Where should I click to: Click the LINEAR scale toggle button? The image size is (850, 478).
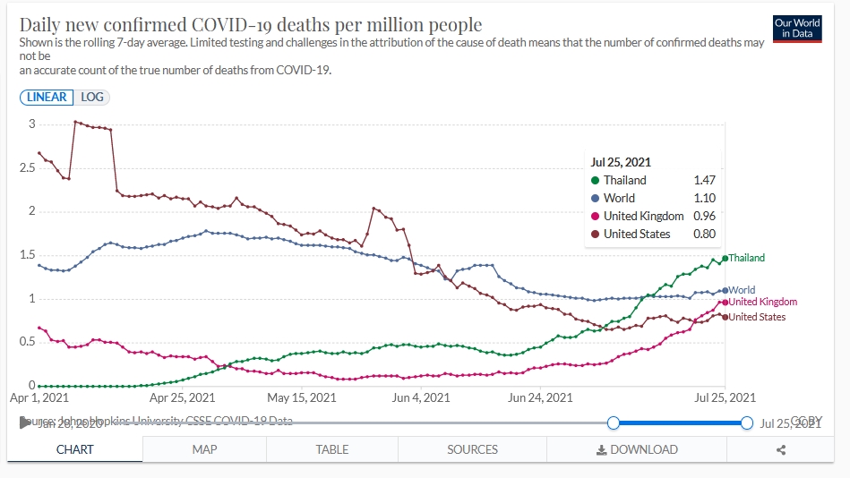coord(47,97)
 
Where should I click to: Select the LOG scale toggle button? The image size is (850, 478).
coord(92,97)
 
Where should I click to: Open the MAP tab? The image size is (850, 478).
coord(204,449)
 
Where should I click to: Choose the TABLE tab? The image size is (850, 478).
coord(332,449)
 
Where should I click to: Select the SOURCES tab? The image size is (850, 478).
coord(472,449)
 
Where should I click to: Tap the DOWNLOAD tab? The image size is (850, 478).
coord(638,449)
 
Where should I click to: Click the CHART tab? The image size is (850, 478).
coord(75,449)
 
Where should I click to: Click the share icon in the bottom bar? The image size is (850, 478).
coord(781,450)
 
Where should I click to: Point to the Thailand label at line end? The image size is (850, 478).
coord(746,258)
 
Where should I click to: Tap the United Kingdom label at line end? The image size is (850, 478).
coord(762,302)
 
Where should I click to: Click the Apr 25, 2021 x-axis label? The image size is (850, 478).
coord(182,397)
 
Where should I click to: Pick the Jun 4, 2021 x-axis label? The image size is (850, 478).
coord(421,397)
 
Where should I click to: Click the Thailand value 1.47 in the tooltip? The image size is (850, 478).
coord(704,180)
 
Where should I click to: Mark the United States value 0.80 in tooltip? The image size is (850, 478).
coord(704,234)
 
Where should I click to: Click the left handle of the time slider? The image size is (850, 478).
coord(614,423)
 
